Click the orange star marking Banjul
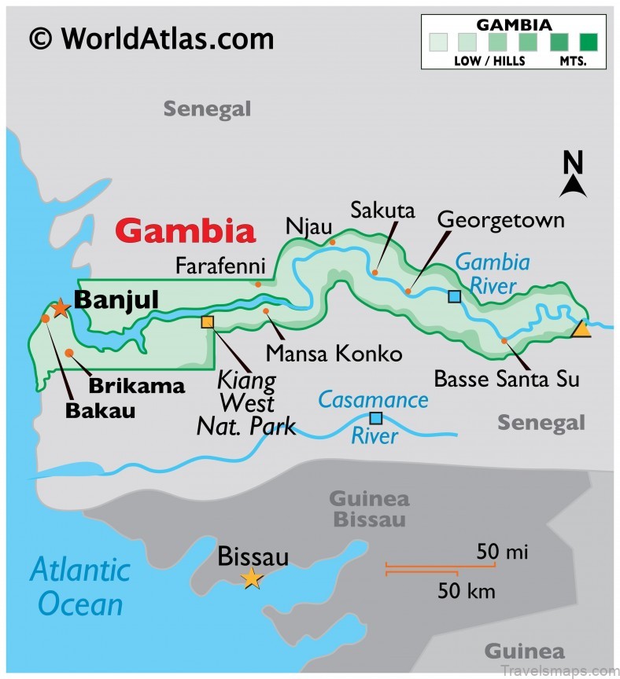(61, 307)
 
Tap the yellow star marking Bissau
(252, 578)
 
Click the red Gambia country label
(186, 231)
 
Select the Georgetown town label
(500, 219)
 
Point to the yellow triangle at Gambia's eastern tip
(581, 329)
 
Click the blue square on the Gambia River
(454, 296)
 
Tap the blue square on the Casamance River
(376, 418)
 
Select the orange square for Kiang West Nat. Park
(207, 321)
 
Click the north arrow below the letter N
(573, 186)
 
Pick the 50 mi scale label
(501, 552)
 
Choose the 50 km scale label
(467, 591)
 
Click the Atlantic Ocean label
(80, 586)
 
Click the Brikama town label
(136, 386)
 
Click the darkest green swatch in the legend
(589, 40)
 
